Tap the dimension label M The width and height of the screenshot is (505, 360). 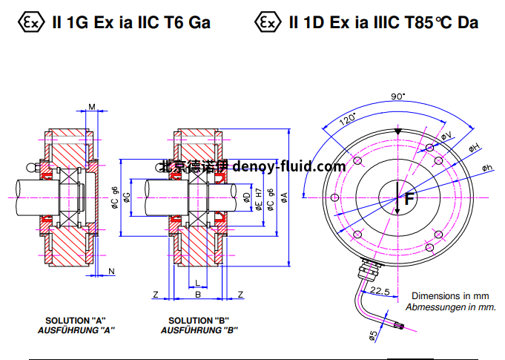pos(92,108)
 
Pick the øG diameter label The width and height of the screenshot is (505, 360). pos(126,197)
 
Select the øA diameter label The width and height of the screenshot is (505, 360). pos(284,197)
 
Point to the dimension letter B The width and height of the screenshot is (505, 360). pos(197,295)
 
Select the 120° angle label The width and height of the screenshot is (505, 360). pos(347,120)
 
